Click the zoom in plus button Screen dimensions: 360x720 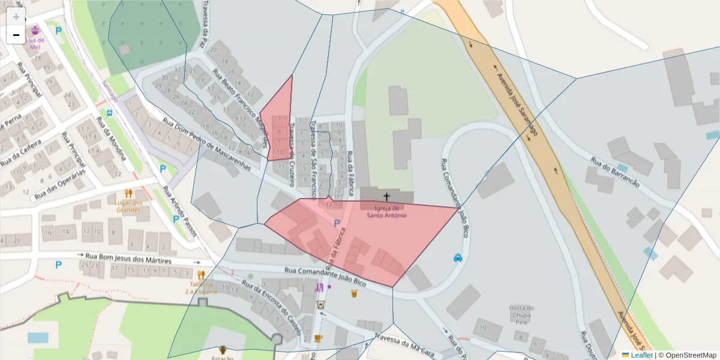click(16, 16)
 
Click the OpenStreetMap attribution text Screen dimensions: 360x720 click(687, 355)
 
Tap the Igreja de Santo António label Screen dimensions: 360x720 click(386, 211)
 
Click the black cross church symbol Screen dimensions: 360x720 click(386, 197)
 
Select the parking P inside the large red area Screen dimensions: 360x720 click(337, 224)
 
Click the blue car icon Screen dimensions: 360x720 click(458, 258)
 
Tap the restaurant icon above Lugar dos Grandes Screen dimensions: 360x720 click(128, 193)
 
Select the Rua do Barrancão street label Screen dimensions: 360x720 click(615, 173)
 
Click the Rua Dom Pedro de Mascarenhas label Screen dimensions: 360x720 click(206, 146)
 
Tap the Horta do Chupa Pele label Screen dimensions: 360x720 click(521, 315)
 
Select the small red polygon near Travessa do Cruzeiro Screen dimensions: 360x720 click(279, 123)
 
